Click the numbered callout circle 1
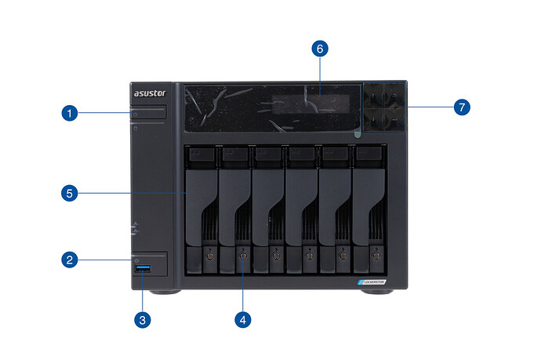[x=70, y=114]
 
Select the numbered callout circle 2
[x=70, y=258]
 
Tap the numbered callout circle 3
[x=142, y=319]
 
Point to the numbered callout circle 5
[x=70, y=191]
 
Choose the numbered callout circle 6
[x=319, y=49]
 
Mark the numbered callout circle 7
[x=460, y=107]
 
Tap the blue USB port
[x=143, y=271]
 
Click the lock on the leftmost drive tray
[x=209, y=256]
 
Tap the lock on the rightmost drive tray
[x=376, y=256]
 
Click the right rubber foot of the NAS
[x=380, y=292]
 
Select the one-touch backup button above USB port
[x=148, y=260]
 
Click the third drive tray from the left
[x=268, y=208]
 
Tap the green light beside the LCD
[x=358, y=135]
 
